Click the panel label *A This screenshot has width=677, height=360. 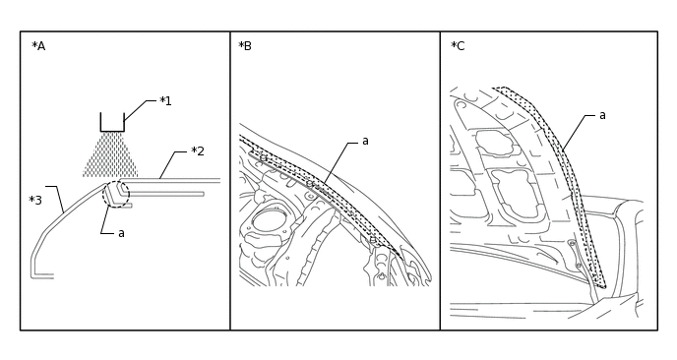38,46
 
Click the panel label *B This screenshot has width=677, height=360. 245,46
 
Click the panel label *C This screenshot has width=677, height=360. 458,46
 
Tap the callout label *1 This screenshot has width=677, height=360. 165,101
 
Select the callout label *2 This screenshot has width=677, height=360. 198,151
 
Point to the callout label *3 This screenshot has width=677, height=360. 35,201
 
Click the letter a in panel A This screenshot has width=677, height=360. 121,233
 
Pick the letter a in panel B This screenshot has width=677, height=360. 365,142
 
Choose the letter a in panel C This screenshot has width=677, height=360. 602,116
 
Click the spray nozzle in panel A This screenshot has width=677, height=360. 112,122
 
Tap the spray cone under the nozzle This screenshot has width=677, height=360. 110,154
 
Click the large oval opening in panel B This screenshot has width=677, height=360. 269,220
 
